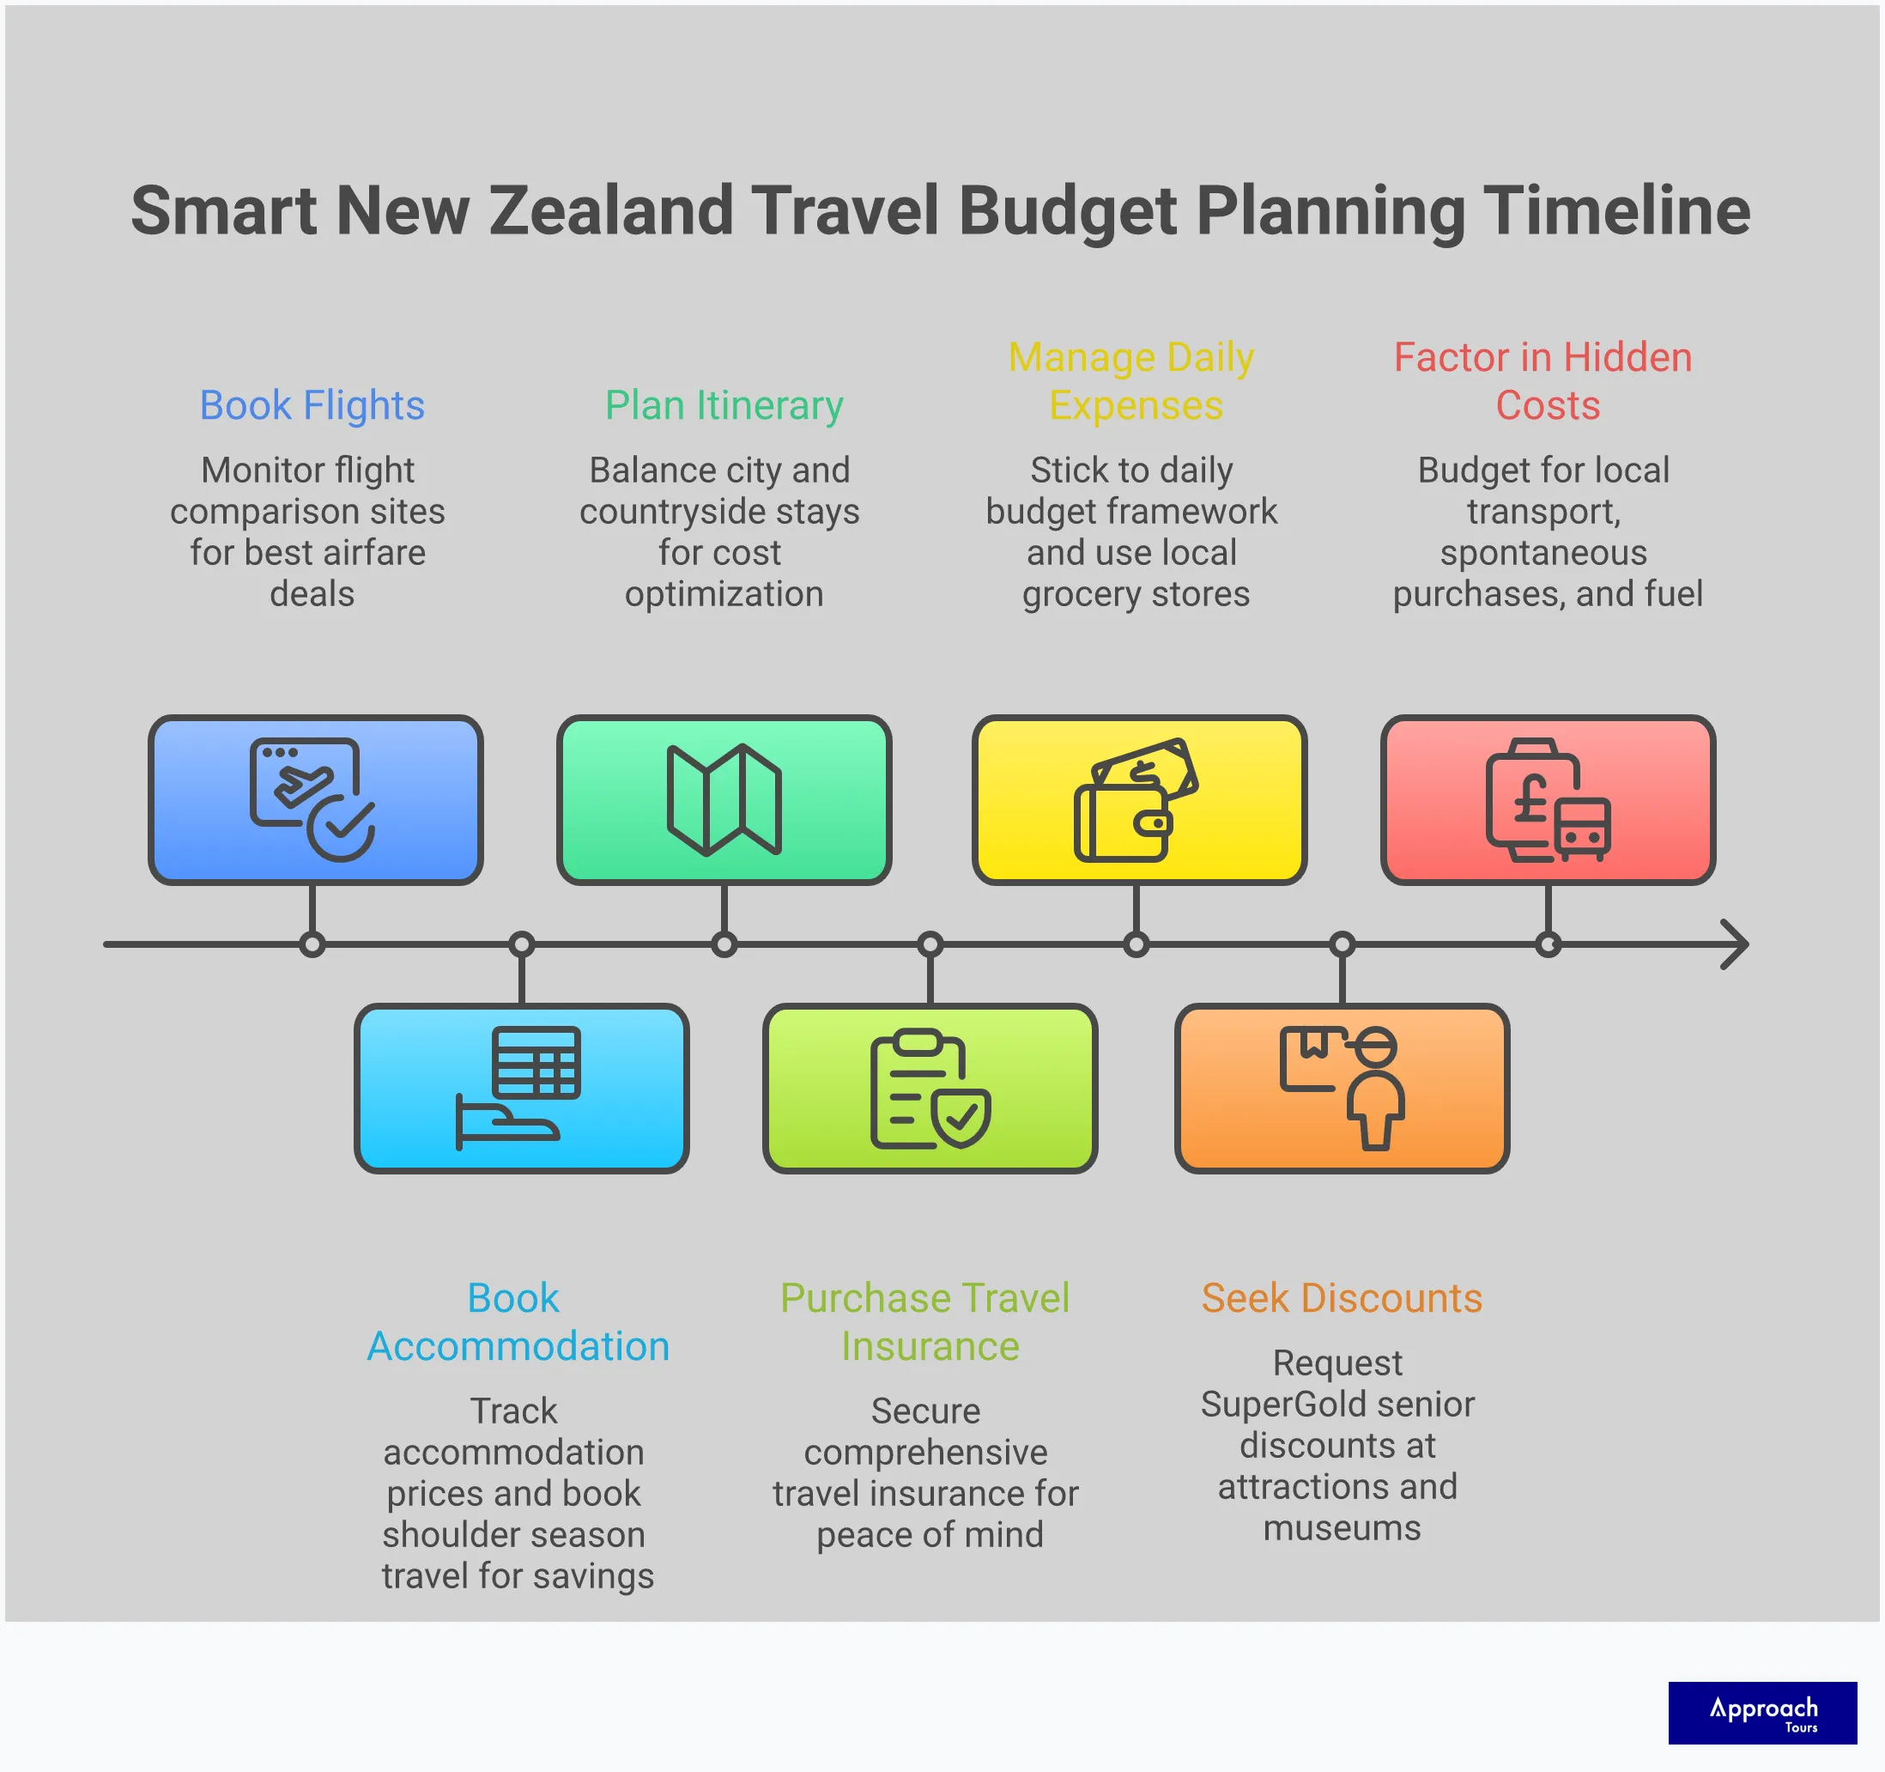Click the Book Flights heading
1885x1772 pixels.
(x=311, y=406)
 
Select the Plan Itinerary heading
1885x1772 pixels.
(x=724, y=406)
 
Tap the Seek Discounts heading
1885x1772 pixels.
(x=1341, y=1298)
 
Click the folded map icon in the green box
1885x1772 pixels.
(x=724, y=800)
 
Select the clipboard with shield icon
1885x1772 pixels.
(x=930, y=1089)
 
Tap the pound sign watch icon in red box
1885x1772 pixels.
(x=1547, y=800)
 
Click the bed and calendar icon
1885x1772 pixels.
(x=519, y=1089)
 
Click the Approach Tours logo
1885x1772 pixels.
(x=1761, y=1712)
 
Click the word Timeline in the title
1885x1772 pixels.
(x=1615, y=210)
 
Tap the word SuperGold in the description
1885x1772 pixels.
(x=1281, y=1405)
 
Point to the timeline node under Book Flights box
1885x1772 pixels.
(x=312, y=944)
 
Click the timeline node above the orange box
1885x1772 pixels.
(x=1342, y=944)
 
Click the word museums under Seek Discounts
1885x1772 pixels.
(x=1341, y=1527)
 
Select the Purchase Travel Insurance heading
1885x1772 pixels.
(x=925, y=1321)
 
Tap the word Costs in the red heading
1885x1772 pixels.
(x=1548, y=406)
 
